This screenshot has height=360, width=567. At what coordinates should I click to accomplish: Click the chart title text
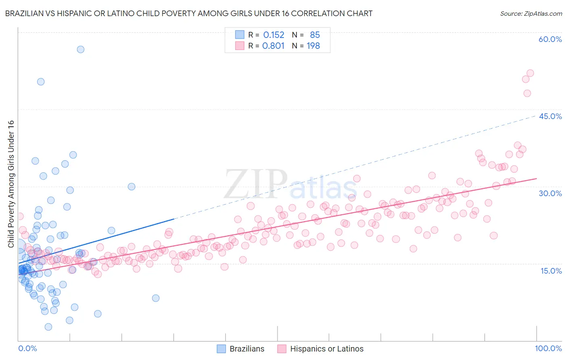[189, 13]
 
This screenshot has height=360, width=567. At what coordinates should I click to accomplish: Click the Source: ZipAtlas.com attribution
[531, 13]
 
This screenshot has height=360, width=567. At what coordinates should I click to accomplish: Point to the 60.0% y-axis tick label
[550, 39]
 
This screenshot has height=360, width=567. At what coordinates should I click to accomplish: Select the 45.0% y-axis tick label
[550, 116]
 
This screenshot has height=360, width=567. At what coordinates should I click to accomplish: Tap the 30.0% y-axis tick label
[550, 193]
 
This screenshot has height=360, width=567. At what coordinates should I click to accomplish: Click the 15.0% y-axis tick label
[551, 271]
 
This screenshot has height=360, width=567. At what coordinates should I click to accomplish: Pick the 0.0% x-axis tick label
[27, 348]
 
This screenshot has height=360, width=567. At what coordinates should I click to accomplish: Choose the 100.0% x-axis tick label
[548, 348]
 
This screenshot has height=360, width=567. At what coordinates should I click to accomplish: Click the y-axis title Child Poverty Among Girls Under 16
[11, 184]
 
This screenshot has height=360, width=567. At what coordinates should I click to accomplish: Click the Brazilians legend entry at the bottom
[241, 349]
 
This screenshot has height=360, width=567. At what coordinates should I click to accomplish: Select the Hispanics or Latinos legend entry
[321, 349]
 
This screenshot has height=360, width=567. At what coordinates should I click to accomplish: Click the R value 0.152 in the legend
[273, 35]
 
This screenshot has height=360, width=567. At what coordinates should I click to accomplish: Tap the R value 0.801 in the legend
[273, 46]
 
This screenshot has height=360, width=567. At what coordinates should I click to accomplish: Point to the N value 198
[313, 46]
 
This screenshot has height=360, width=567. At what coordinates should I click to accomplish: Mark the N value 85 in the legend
[315, 35]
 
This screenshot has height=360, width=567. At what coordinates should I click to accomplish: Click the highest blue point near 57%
[81, 49]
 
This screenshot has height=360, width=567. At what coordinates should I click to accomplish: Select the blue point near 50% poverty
[41, 82]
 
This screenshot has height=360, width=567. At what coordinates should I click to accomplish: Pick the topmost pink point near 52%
[530, 73]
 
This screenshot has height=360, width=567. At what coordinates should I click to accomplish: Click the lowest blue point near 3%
[48, 327]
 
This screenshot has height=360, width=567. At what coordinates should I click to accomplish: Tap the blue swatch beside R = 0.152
[240, 35]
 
